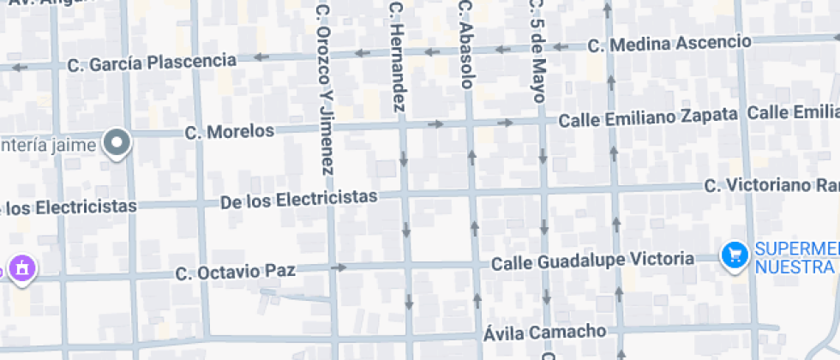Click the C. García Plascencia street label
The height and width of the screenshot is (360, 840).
click(152, 63)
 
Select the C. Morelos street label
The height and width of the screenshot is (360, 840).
click(231, 132)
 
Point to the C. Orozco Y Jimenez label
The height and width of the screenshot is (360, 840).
click(323, 87)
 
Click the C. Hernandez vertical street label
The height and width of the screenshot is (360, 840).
click(396, 57)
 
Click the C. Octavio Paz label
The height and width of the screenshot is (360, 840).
click(236, 272)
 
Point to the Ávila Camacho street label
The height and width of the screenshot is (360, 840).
click(545, 332)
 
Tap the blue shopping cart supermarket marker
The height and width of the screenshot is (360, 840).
click(735, 255)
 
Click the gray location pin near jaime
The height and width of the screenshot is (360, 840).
click(117, 143)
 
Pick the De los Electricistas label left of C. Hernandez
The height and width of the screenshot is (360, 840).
click(298, 199)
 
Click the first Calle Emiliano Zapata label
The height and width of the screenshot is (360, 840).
click(648, 117)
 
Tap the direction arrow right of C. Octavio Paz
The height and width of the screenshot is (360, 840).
click(340, 267)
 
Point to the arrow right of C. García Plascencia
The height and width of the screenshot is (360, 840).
click(258, 57)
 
